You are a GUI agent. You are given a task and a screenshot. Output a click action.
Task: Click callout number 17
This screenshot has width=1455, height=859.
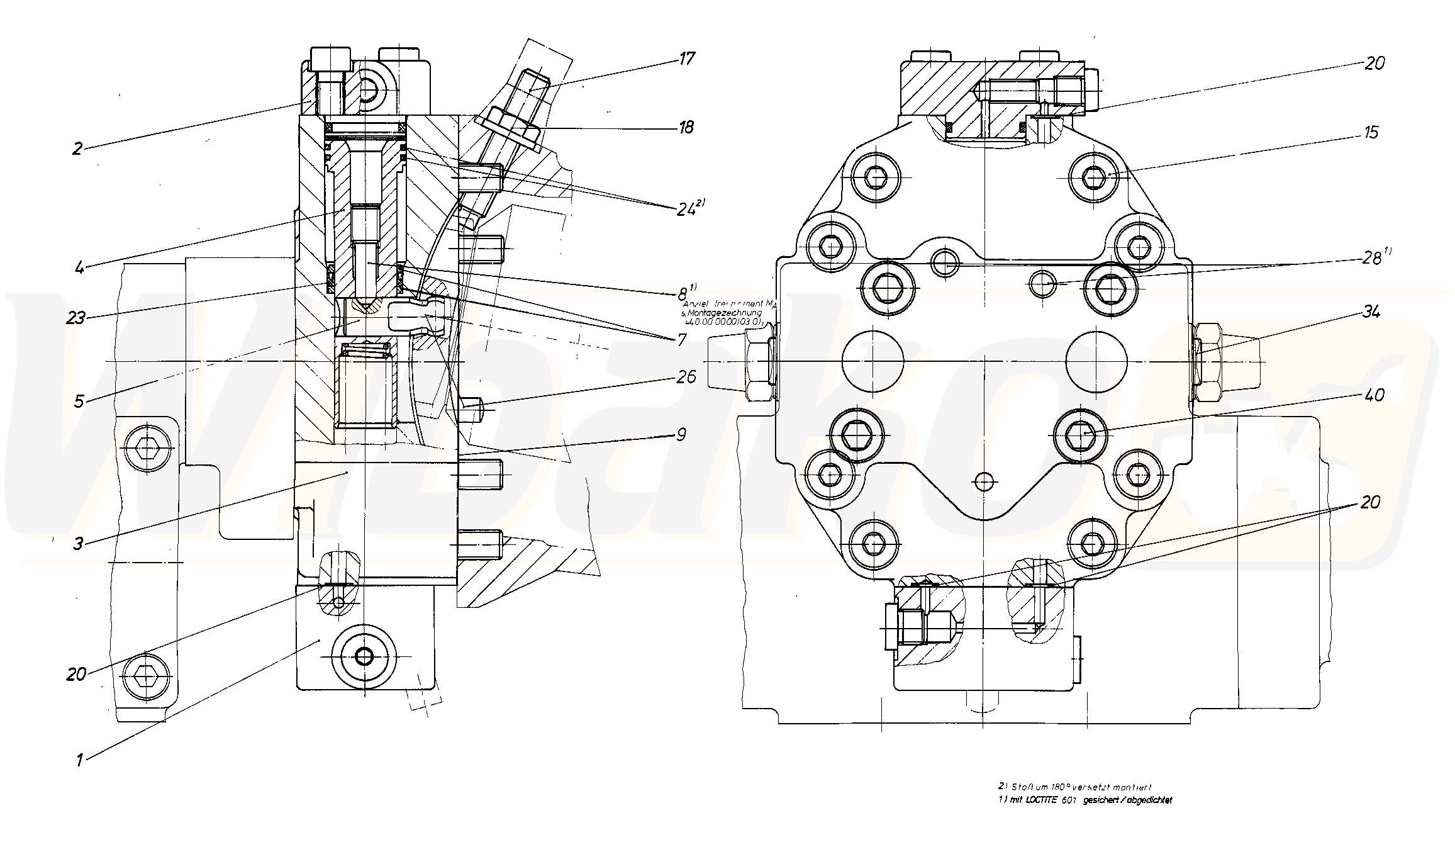coord(686,59)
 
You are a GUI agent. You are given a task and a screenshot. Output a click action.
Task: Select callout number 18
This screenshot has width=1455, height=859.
coord(686,127)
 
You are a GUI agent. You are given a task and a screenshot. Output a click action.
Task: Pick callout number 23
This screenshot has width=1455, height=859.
coord(75,318)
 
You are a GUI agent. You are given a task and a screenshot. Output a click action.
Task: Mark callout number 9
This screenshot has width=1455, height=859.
coord(681,434)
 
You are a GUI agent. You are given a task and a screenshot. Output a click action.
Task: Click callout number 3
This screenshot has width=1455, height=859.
coord(78,543)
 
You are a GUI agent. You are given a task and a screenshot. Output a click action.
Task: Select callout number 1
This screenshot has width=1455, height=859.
coord(79,760)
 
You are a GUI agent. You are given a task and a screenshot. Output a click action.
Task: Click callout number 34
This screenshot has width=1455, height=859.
coord(1371,312)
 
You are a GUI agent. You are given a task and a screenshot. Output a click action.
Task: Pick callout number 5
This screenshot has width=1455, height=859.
coord(79,401)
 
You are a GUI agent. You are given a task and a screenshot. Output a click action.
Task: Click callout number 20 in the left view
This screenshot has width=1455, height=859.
coord(75,675)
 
